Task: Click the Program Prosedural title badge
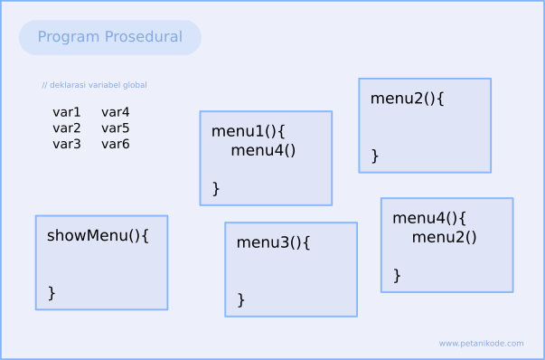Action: (109, 37)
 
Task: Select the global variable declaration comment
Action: (94, 85)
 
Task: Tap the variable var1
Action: (67, 112)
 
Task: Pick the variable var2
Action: (67, 128)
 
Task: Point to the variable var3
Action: (67, 144)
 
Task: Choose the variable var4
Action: (116, 112)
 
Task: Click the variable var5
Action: (116, 128)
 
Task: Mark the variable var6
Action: (116, 144)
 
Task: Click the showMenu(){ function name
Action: (98, 235)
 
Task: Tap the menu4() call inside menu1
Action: (263, 150)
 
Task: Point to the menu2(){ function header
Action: (408, 99)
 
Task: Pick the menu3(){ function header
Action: (274, 242)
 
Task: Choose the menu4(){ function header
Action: (429, 218)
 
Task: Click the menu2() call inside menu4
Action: (444, 237)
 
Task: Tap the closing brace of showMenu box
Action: (52, 292)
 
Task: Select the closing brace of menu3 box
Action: (241, 299)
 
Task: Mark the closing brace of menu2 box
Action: (375, 156)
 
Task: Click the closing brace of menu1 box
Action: (216, 188)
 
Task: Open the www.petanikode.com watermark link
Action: (481, 344)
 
